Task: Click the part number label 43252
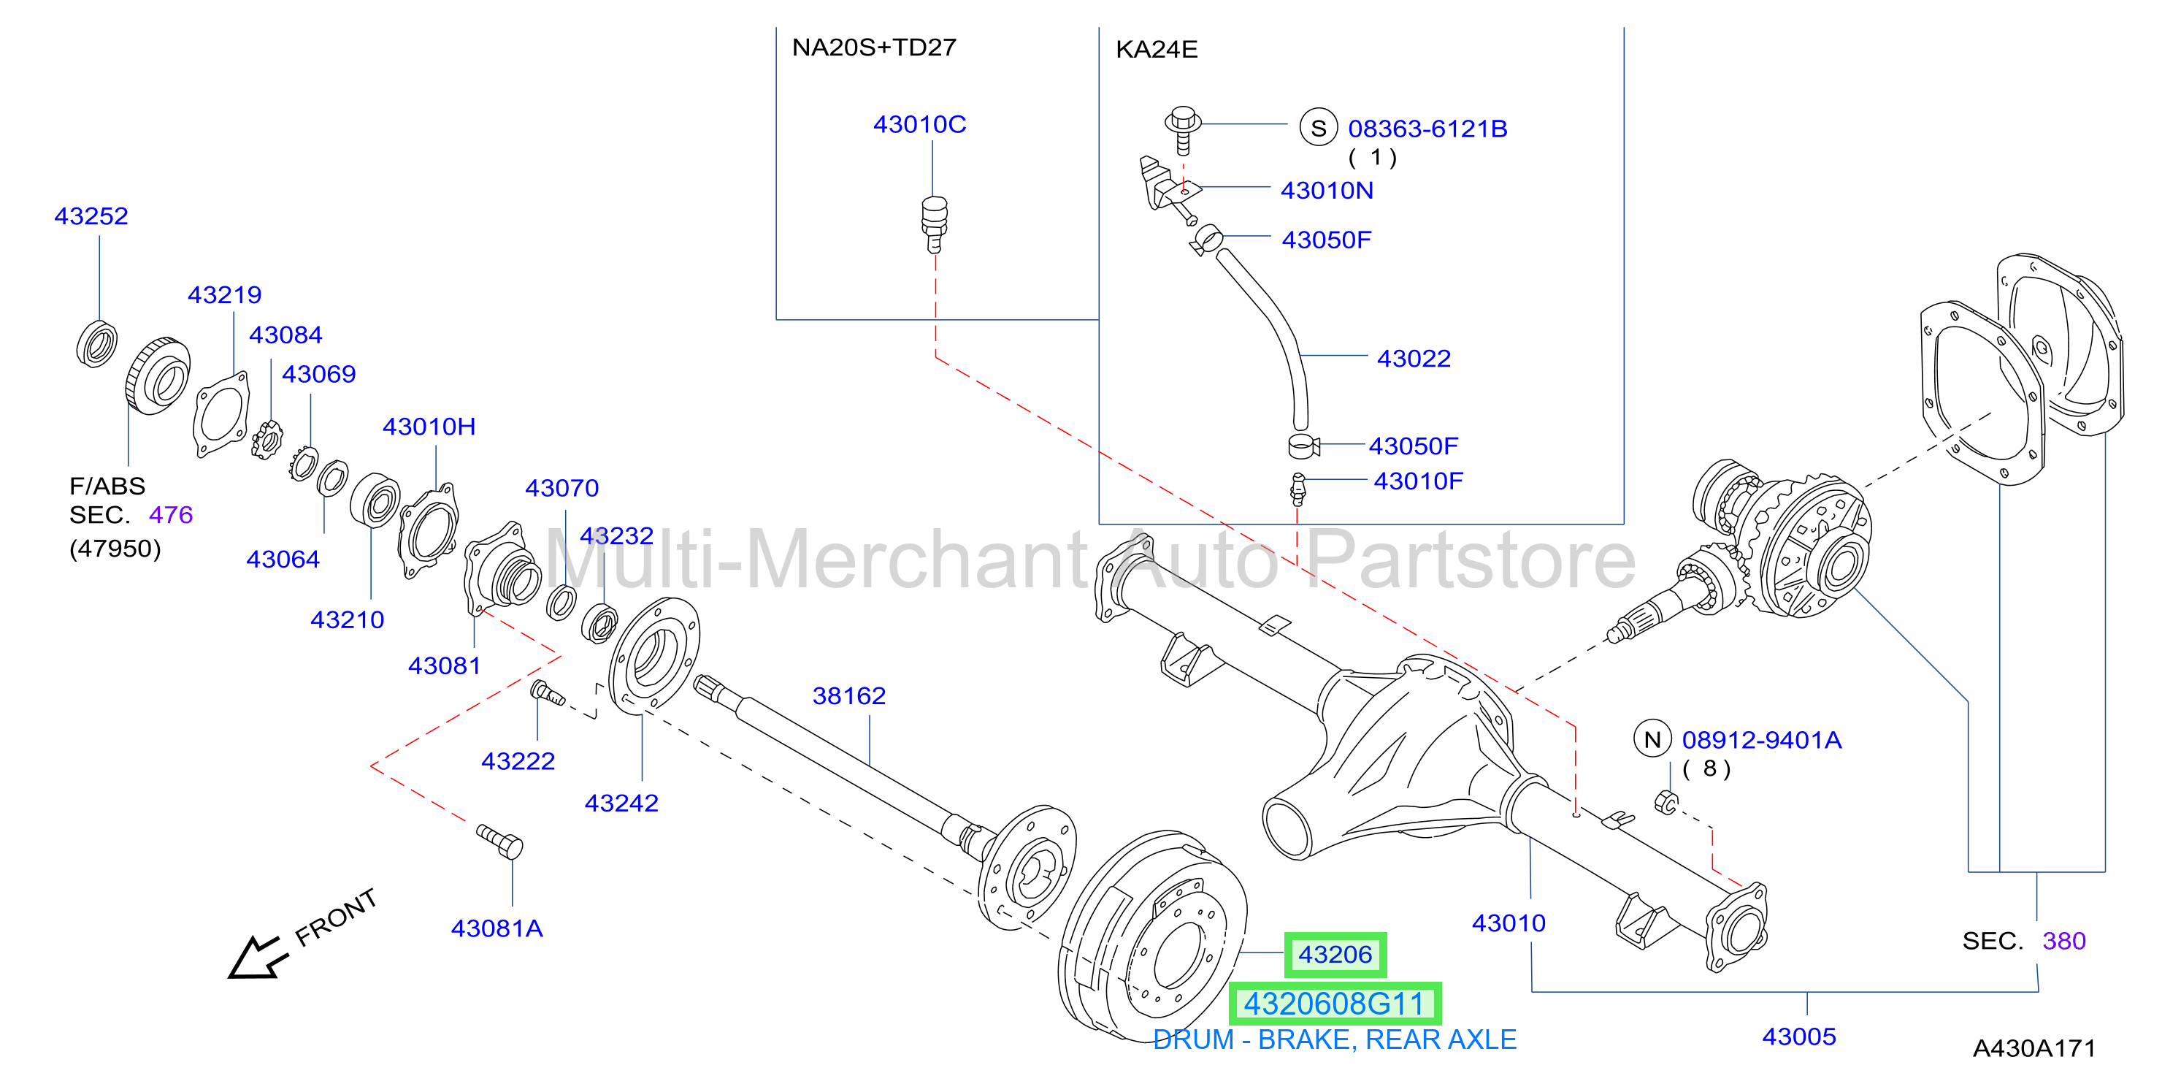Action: (91, 216)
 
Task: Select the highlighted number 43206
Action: (1335, 955)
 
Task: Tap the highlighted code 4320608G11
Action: (1334, 1004)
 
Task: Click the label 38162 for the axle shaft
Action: (848, 695)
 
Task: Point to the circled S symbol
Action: (1318, 128)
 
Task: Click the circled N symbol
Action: (1652, 739)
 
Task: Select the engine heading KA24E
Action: (1157, 49)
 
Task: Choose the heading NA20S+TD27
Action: (874, 47)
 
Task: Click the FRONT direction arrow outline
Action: (256, 957)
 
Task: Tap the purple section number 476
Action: (171, 515)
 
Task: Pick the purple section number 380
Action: (2064, 941)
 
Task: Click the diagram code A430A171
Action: (2034, 1048)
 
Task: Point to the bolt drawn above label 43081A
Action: (499, 841)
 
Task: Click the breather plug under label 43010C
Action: (934, 224)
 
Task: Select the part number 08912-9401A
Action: (1761, 740)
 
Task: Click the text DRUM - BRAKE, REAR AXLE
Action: (1334, 1040)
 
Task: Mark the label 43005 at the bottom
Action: (1799, 1037)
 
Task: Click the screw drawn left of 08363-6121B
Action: (1183, 129)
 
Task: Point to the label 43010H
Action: (429, 426)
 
